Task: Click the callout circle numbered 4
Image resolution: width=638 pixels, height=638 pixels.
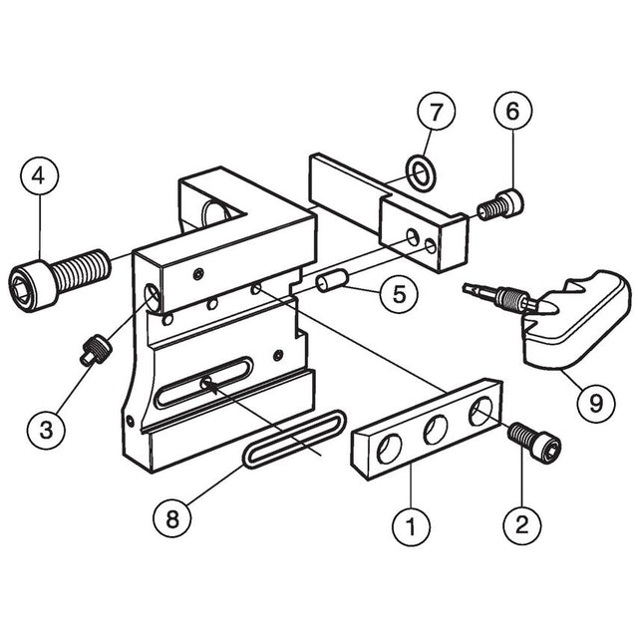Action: (x=40, y=175)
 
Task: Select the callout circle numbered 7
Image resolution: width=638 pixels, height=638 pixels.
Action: (x=437, y=112)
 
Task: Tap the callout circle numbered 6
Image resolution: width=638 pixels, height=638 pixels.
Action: (x=513, y=111)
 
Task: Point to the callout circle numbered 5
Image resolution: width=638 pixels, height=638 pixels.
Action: (x=399, y=293)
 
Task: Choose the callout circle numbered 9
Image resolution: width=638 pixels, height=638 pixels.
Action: (x=596, y=403)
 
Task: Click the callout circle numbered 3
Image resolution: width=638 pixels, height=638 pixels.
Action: (x=47, y=430)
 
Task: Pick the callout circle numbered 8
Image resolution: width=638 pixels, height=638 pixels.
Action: (x=172, y=519)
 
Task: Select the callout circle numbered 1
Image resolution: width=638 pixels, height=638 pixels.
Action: (x=412, y=526)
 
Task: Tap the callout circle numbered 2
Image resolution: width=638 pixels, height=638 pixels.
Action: (x=522, y=525)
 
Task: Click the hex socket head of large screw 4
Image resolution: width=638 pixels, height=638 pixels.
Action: (x=32, y=283)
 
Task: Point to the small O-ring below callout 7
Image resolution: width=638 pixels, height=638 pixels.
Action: (x=422, y=172)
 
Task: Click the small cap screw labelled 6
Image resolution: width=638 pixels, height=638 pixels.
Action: (x=500, y=205)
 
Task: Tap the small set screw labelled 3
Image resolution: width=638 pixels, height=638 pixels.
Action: (x=95, y=349)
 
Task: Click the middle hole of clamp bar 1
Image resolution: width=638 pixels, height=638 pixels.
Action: (x=436, y=430)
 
